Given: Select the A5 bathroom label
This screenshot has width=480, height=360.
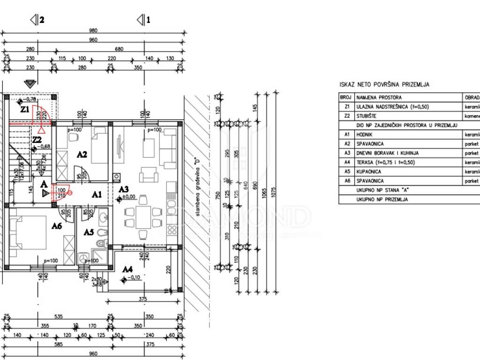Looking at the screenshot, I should [89, 232].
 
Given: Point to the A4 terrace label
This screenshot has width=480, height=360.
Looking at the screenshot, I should [127, 270].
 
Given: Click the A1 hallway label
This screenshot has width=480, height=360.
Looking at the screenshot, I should [97, 194].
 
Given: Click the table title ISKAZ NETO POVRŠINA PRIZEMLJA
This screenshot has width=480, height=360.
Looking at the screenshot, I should [384, 85].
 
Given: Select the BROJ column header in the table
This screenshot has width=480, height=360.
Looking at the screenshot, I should [345, 97].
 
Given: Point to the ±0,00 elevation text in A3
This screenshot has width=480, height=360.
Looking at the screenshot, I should [129, 197].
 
